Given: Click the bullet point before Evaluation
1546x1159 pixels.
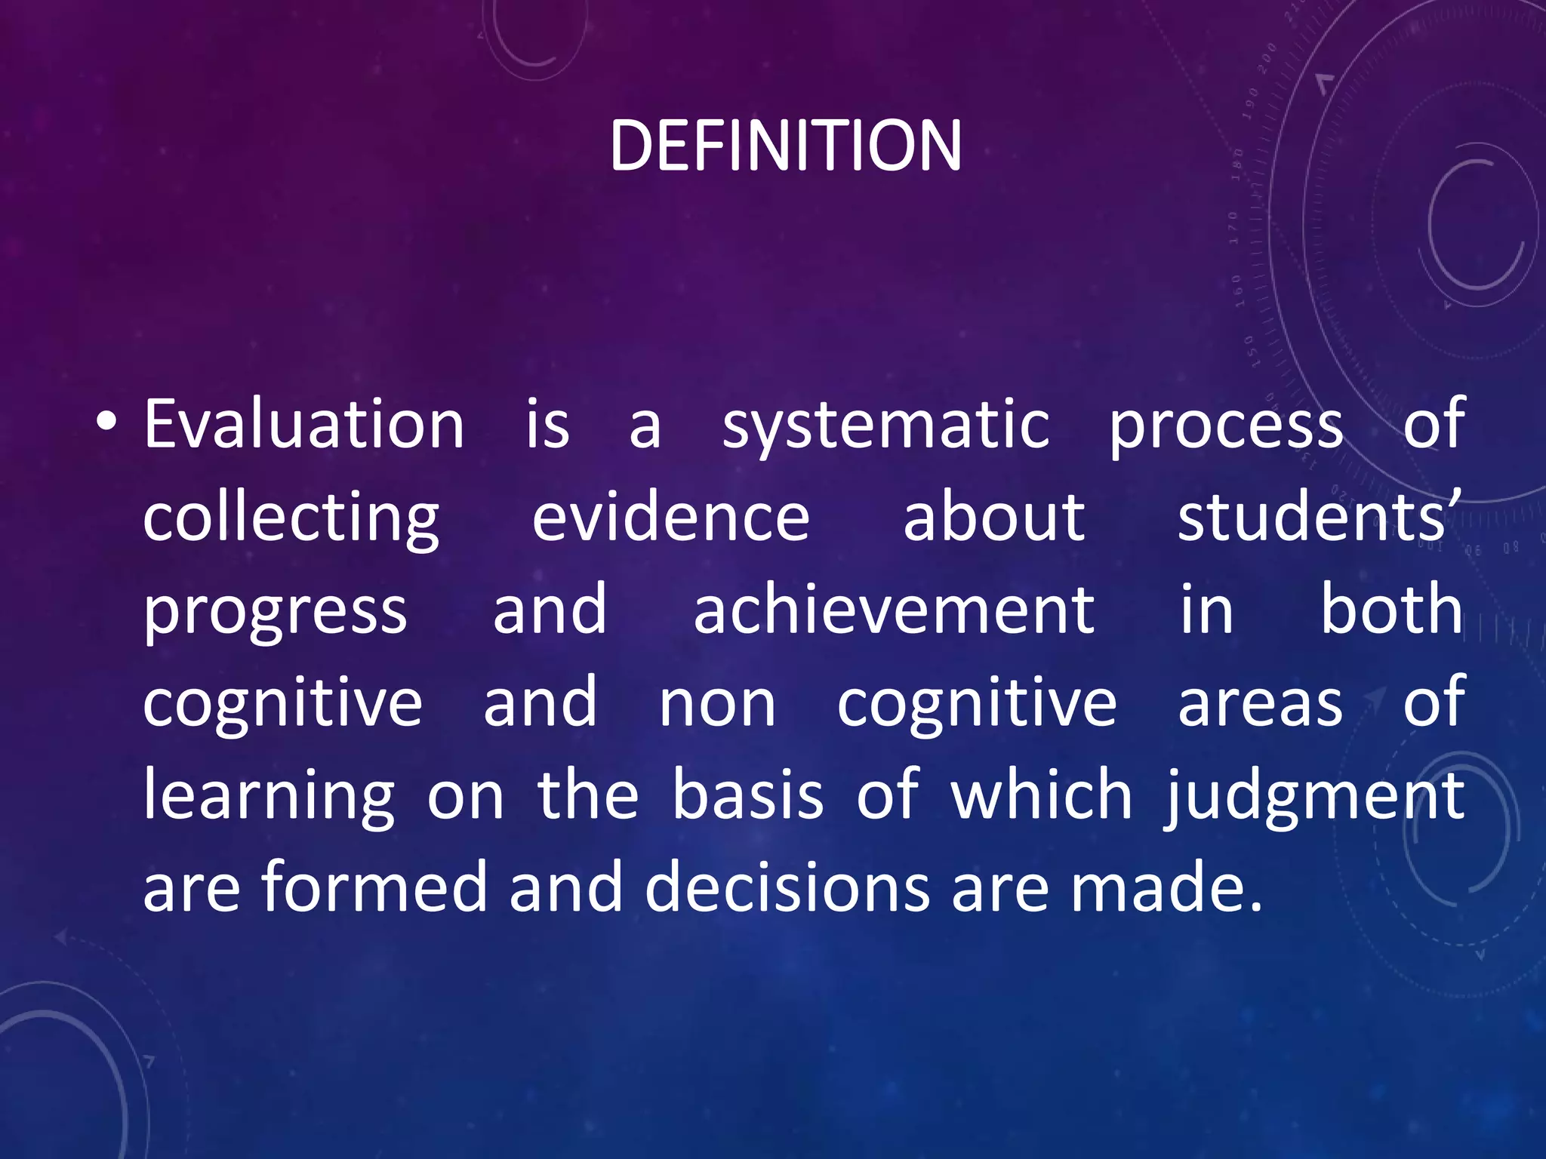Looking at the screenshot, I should pos(106,423).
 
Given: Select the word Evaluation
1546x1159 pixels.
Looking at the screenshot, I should pos(303,425).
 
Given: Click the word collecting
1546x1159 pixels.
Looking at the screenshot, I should pos(291,519).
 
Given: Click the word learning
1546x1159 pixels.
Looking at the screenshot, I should pos(269,797).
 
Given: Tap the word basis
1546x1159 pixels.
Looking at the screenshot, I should pos(747,795).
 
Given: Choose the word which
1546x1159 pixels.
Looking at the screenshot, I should pos(1042,795).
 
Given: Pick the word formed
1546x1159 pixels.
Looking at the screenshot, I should pos(374,887).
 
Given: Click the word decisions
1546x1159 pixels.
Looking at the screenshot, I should pos(787,887).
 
